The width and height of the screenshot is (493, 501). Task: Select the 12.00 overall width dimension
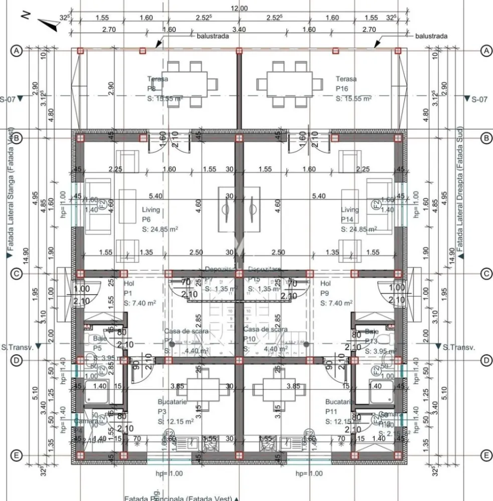coord(239,8)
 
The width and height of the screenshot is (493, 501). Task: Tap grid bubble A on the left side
coord(17,51)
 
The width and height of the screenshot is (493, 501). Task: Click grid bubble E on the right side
coord(485,455)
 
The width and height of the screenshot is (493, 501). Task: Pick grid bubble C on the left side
coord(17,274)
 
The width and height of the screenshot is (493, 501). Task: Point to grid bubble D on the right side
coord(485,360)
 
